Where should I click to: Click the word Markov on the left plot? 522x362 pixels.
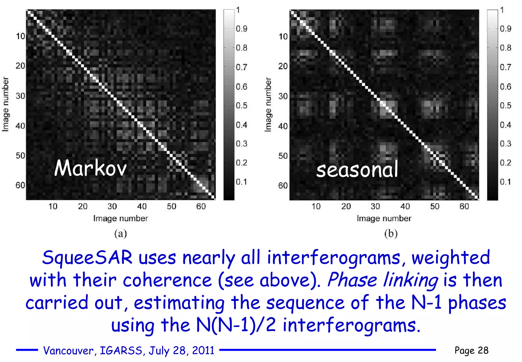[90, 168]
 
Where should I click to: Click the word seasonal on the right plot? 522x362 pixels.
[357, 170]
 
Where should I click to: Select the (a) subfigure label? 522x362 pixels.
[121, 234]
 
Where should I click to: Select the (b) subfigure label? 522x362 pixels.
[391, 234]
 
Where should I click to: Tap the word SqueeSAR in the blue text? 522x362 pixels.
[87, 257]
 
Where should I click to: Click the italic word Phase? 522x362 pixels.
[352, 280]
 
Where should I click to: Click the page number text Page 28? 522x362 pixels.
[471, 351]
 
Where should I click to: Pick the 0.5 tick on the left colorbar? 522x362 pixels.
[241, 105]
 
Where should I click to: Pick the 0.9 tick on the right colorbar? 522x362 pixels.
[505, 29]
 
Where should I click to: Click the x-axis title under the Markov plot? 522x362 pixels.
[121, 219]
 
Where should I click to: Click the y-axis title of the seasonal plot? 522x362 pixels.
[268, 105]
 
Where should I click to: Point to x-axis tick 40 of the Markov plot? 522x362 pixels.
[142, 206]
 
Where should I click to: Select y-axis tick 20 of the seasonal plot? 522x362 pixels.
[283, 66]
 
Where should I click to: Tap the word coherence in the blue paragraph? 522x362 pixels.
[167, 280]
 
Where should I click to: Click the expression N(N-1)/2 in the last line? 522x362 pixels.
[236, 325]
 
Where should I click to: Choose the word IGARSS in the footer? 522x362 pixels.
[121, 351]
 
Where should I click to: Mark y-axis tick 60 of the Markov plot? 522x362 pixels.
[20, 185]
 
